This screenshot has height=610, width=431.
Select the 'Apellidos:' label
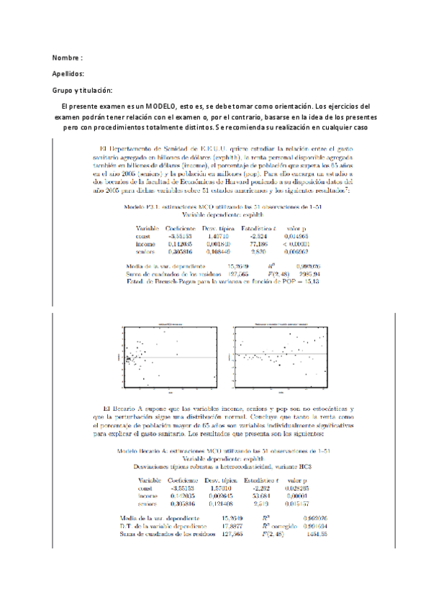[x=69, y=73]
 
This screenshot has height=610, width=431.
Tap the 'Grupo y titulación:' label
[x=83, y=90]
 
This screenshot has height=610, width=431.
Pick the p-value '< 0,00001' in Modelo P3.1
[x=300, y=224]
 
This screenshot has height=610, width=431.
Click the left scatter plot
[x=169, y=357]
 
